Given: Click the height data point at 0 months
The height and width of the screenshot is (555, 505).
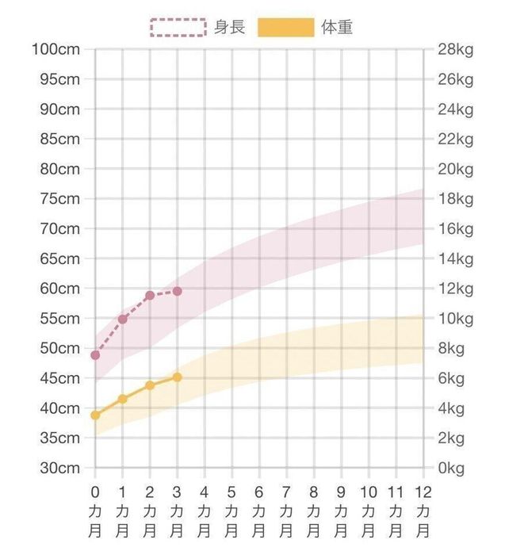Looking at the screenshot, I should tap(95, 355).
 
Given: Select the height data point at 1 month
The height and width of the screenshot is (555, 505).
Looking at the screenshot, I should tap(123, 319).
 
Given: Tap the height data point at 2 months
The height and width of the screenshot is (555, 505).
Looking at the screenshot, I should tap(150, 295).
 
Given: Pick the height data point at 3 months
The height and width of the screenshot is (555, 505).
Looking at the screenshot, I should tap(177, 291).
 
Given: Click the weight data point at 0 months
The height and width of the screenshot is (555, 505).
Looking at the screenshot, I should tap(95, 415).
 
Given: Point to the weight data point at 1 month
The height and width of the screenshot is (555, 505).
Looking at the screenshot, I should tap(123, 399).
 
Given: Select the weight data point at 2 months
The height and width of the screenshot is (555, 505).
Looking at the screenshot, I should tap(150, 385).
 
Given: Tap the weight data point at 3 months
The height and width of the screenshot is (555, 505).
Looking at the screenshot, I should tap(177, 377).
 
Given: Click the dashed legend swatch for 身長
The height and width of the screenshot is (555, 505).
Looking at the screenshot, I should tap(177, 27).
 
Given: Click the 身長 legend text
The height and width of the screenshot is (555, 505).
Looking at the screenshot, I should tap(229, 27).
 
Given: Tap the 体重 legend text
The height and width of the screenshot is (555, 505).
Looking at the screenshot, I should tap(338, 27).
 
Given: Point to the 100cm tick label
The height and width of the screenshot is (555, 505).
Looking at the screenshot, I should tap(55, 49).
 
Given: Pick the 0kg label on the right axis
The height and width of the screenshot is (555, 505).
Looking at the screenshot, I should tap(451, 468).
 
